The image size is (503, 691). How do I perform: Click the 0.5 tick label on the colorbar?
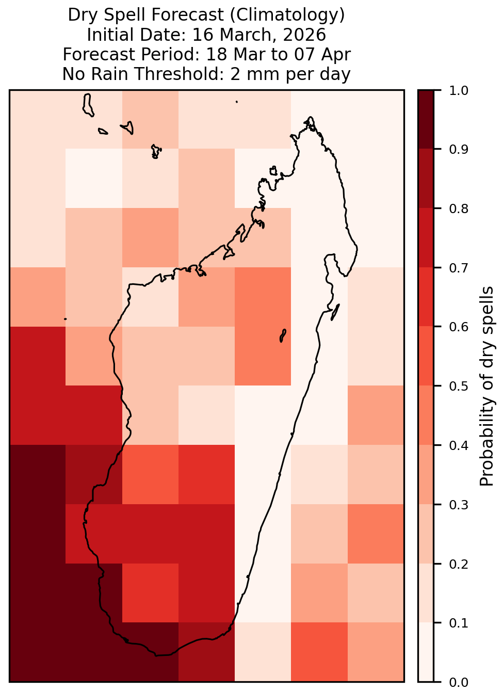458,386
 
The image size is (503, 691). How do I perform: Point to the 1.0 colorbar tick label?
458,91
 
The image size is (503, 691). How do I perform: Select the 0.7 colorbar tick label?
458,268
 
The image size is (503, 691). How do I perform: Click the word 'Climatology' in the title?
287,15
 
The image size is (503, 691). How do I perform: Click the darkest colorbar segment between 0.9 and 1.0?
426,119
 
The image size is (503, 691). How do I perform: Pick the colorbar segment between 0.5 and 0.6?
426,356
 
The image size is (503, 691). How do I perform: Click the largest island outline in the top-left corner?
88,105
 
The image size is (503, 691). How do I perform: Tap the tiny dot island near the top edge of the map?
237,102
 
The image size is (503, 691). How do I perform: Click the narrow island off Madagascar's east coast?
335,312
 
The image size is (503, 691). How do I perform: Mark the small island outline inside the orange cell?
283,335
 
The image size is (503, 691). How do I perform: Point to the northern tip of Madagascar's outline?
310,117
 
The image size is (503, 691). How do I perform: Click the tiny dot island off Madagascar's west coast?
65,319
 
